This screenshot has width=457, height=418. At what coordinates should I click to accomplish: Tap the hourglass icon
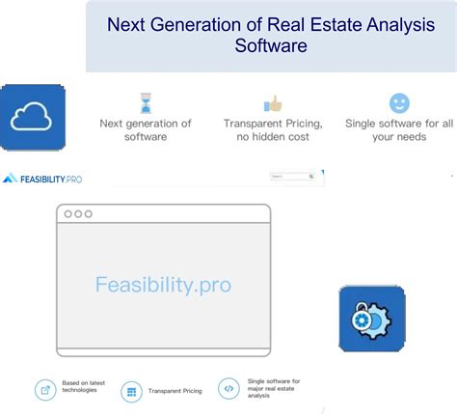(x=146, y=103)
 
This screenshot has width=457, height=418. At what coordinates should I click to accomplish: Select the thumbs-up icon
(x=273, y=103)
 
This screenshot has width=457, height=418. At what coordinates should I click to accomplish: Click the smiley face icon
(x=398, y=103)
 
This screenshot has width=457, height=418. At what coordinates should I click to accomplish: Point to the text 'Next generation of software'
(x=146, y=130)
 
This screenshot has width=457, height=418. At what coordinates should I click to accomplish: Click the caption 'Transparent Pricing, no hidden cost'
(x=273, y=130)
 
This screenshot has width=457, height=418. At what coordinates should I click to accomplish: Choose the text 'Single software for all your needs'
(x=398, y=130)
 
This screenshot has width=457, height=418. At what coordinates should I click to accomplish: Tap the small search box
(x=292, y=177)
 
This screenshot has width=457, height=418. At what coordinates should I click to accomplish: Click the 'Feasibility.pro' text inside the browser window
(x=163, y=285)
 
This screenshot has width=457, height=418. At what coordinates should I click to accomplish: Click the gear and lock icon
(x=371, y=319)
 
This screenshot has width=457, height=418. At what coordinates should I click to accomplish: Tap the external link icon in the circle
(x=45, y=390)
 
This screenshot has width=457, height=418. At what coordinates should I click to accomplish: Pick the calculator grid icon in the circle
(x=131, y=392)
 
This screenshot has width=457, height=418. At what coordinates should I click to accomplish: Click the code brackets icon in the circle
(x=228, y=389)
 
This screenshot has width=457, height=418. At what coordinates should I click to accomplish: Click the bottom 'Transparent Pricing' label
(x=174, y=392)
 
